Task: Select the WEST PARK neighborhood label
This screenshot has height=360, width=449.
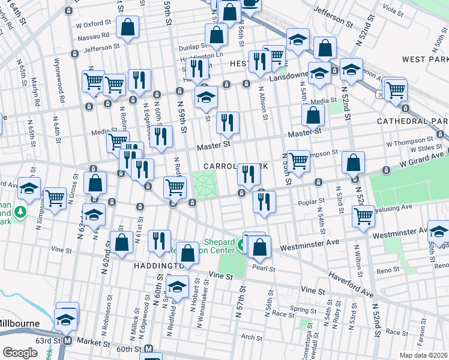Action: point(426,59)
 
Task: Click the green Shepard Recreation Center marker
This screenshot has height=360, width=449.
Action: point(241,245)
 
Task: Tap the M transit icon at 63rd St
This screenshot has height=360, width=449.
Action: point(67,340)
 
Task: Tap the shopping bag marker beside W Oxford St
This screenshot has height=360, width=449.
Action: point(128,27)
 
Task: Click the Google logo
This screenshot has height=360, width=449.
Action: point(20,353)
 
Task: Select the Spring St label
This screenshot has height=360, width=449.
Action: point(300,310)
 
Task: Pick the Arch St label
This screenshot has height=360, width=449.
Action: point(249,337)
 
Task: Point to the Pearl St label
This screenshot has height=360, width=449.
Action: point(263,267)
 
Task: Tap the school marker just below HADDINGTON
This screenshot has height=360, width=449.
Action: point(178,286)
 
